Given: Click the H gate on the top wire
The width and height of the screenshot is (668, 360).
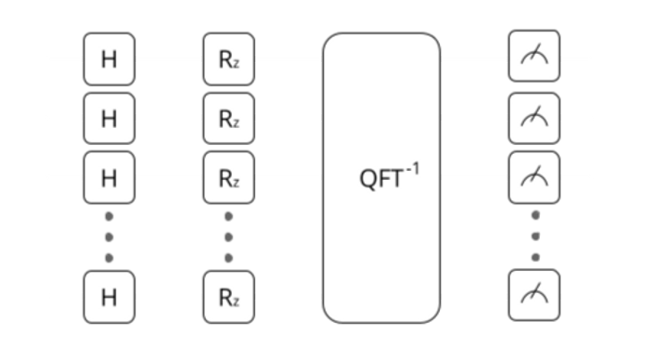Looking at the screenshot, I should (109, 60).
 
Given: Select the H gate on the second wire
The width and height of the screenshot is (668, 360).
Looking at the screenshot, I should (109, 118).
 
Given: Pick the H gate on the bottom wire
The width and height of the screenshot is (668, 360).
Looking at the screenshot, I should (109, 297).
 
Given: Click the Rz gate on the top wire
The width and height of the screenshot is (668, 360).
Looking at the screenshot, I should (228, 60).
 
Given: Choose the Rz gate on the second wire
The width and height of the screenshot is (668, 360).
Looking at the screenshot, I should (228, 118).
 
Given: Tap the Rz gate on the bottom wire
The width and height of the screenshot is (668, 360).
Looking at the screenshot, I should (228, 297).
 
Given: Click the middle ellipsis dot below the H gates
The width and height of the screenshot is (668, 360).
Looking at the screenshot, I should (109, 236).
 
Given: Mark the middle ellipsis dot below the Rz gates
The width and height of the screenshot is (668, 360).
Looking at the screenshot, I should (228, 236).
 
